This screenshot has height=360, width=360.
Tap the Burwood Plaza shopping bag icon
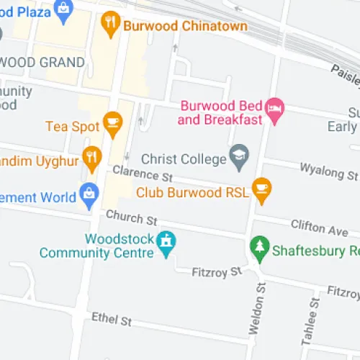[x=63, y=9]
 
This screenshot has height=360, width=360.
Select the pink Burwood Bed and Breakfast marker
[x=275, y=109]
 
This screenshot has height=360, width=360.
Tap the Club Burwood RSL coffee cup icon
[x=262, y=188]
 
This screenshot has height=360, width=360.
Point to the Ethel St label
[x=112, y=318]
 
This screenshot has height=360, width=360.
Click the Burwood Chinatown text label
[x=186, y=26]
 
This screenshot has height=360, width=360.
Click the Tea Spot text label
[x=72, y=126]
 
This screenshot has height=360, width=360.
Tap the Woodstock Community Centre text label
[x=97, y=246]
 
